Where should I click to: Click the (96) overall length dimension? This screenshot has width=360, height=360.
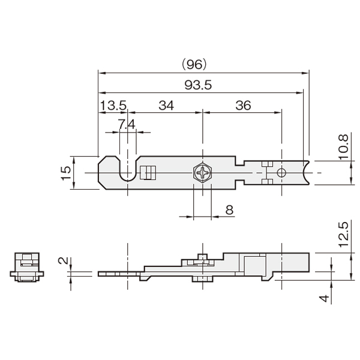tap(194, 65)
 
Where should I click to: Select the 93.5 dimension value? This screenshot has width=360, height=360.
tap(198, 85)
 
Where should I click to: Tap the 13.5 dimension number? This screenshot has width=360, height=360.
tap(113, 106)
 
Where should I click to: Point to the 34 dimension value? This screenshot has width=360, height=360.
tap(166, 106)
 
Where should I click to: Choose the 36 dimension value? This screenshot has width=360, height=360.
tap(244, 106)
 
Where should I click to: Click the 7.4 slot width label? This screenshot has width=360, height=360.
tap(127, 124)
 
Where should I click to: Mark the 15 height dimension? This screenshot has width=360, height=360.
tap(66, 173)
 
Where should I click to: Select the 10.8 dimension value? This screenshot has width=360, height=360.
tap(343, 147)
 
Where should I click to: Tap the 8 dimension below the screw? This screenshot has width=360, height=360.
tap(229, 210)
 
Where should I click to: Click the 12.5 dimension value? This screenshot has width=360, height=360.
tap(343, 235)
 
